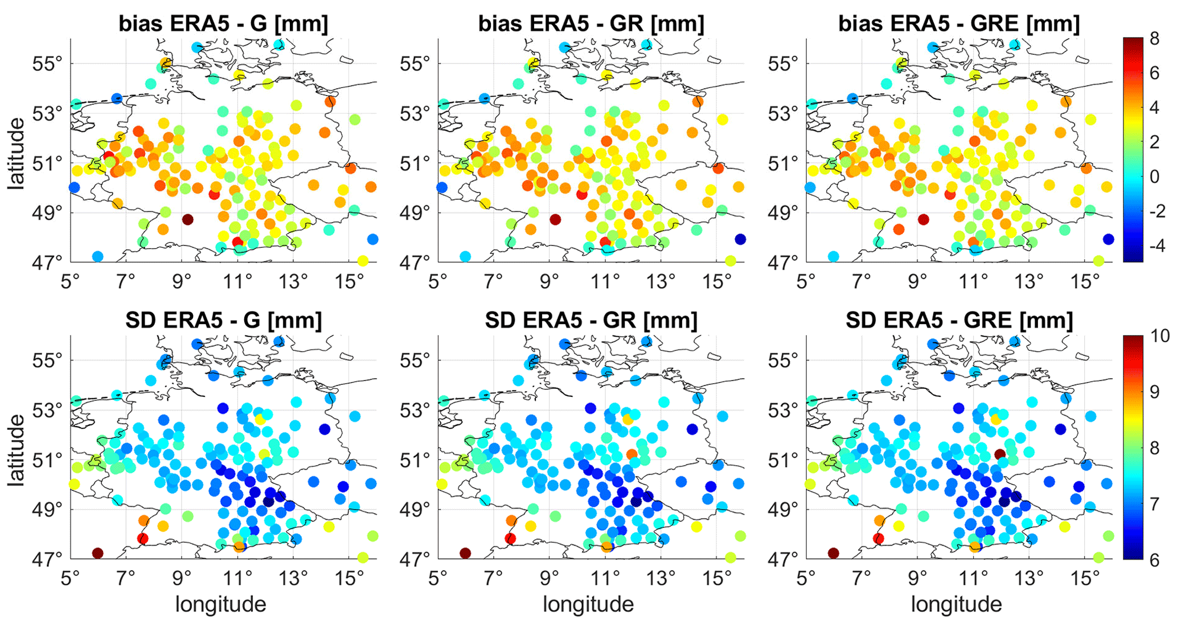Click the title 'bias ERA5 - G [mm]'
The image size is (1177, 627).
click(x=223, y=24)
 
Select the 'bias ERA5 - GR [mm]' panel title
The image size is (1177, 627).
click(x=591, y=24)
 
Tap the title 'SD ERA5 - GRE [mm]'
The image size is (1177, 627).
click(x=959, y=321)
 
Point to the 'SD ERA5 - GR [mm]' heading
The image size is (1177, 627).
click(x=591, y=321)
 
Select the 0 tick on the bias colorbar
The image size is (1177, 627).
click(x=1154, y=177)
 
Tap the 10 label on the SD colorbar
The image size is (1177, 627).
click(x=1158, y=336)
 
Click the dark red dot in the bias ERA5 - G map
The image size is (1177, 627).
click(x=187, y=219)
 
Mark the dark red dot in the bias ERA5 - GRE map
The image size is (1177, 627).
click(x=924, y=219)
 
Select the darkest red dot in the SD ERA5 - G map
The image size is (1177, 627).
click(x=97, y=553)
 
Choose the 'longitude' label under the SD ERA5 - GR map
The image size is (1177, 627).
click(x=588, y=604)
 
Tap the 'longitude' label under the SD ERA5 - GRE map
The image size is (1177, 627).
click(x=956, y=604)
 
